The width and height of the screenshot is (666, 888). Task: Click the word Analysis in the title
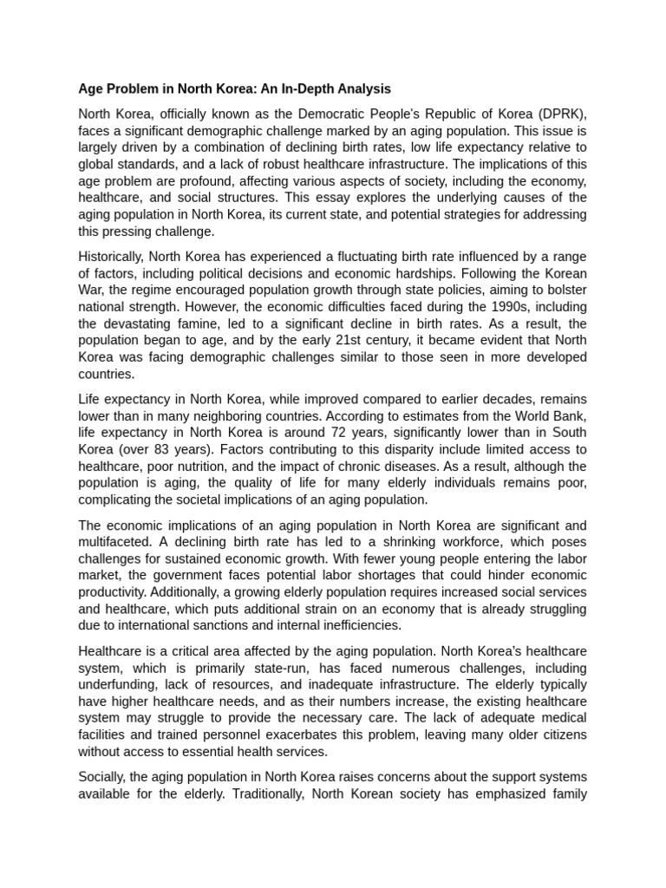coord(362,88)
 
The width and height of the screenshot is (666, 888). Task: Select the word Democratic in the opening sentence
coord(347,114)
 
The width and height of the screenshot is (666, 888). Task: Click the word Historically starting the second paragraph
coord(111,257)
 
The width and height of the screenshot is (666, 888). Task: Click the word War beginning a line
coord(92,291)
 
